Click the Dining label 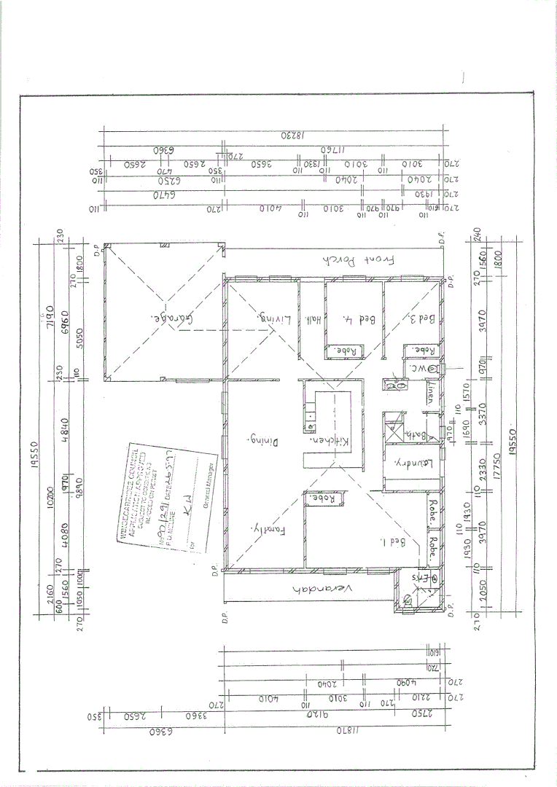pyautogui.click(x=267, y=441)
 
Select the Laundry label pyautogui.click(x=414, y=462)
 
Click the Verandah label pyautogui.click(x=324, y=588)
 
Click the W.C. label pyautogui.click(x=418, y=369)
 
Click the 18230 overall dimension pyautogui.click(x=291, y=136)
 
